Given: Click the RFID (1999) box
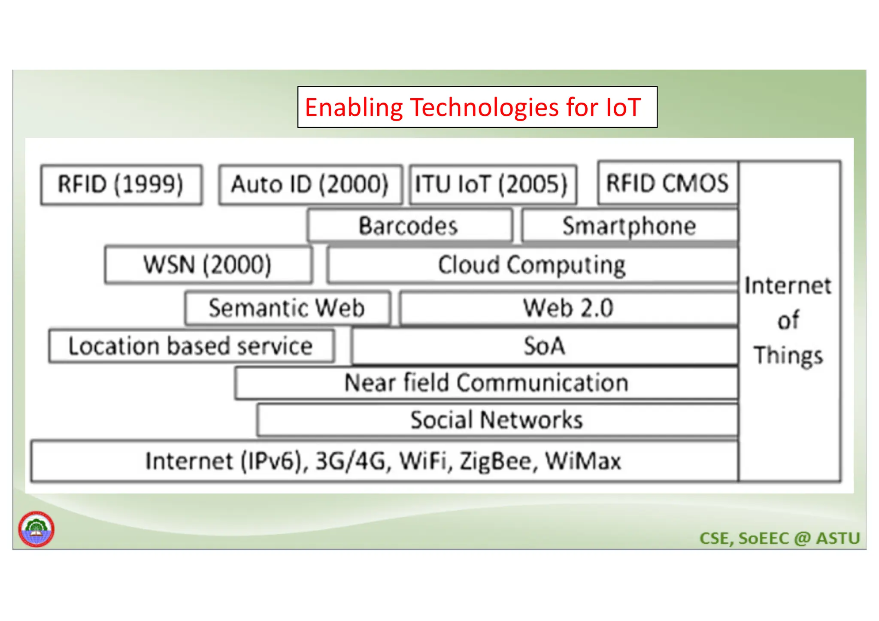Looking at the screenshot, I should [x=121, y=185].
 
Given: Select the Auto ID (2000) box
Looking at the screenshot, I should [x=310, y=185].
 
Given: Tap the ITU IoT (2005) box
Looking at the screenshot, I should [x=492, y=185].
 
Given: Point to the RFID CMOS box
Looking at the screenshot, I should [x=667, y=183].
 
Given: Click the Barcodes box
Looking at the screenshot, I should [x=409, y=226].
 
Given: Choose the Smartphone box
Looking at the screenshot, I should [x=629, y=226].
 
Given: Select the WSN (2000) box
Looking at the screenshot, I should [x=208, y=265].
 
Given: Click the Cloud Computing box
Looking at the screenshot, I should [x=532, y=265].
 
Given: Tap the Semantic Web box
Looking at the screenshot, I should [x=287, y=308].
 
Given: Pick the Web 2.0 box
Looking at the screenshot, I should [x=568, y=308].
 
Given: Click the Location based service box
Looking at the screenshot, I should [x=191, y=346].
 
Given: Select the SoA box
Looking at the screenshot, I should [x=544, y=346].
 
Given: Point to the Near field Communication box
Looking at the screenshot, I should [x=486, y=383].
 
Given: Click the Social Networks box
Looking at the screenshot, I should [x=497, y=420].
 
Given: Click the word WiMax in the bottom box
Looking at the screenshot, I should [x=583, y=462].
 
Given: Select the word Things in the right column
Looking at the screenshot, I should [x=789, y=356].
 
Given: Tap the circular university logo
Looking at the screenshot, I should [x=36, y=529].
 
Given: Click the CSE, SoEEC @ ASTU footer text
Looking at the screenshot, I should [x=779, y=538].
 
